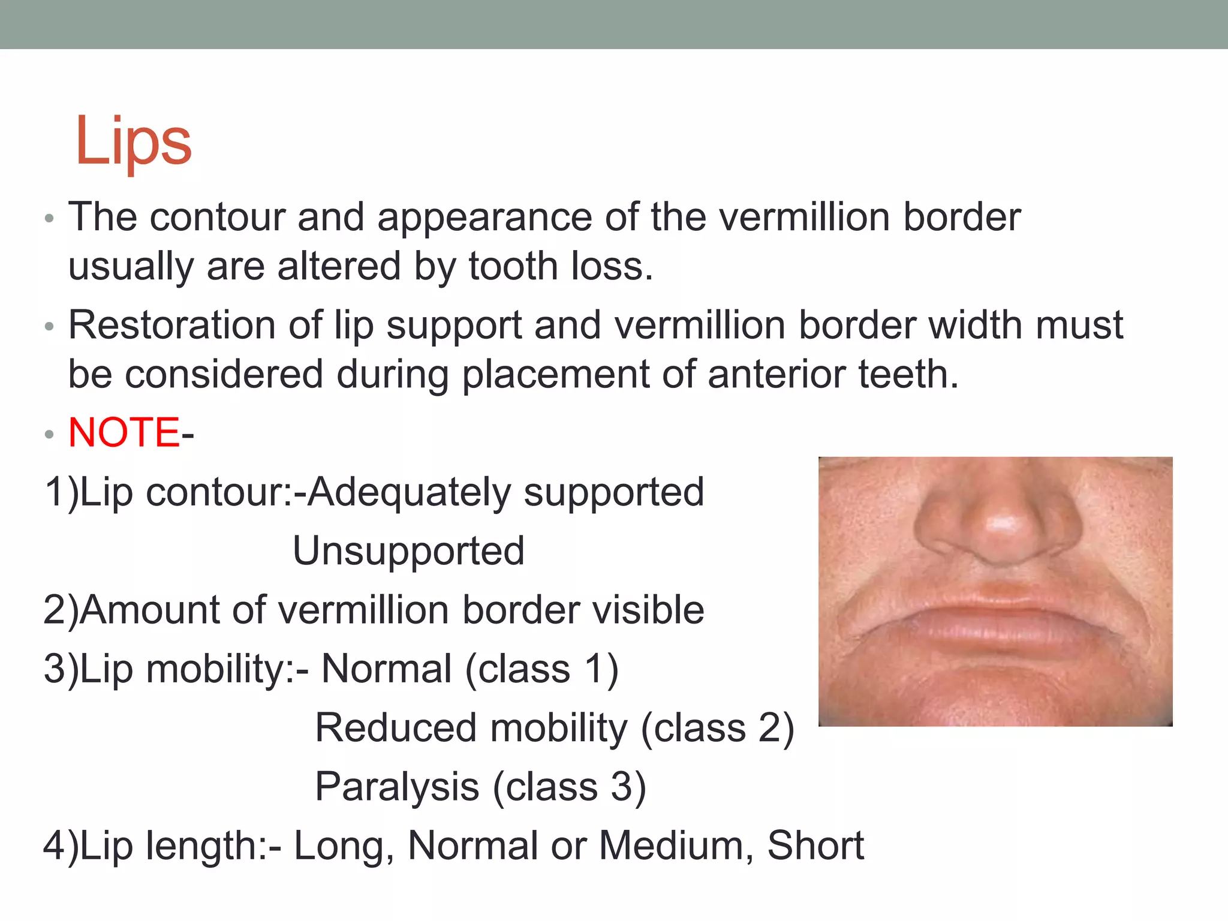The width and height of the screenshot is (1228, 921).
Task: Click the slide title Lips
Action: (133, 142)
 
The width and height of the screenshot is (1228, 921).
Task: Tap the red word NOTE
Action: (124, 432)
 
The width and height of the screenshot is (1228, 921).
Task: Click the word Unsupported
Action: (408, 551)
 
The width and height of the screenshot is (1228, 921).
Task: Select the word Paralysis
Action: (397, 787)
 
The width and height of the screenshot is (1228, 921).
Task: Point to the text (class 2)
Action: (717, 729)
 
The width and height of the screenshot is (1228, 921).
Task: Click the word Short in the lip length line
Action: (815, 845)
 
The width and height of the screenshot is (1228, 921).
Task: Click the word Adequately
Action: (409, 492)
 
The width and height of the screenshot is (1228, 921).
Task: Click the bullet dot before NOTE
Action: (50, 434)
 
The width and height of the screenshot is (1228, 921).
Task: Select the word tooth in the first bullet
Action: (513, 266)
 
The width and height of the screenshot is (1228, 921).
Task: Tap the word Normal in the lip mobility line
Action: (386, 669)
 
